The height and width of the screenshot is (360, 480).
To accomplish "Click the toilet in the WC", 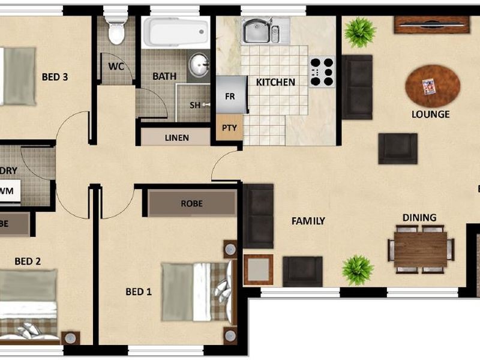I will [116, 30].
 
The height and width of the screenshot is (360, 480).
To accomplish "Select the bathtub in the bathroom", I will [176, 32].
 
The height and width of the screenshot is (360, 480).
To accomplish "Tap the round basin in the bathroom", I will [199, 63].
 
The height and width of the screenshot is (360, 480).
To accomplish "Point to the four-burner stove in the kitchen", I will [322, 71].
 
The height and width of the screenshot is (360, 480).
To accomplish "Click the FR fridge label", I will [229, 96].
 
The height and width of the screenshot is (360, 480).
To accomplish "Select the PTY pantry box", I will [229, 128].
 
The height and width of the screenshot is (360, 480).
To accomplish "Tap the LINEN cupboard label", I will [176, 137].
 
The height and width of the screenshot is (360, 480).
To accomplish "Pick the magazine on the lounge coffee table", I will [428, 87].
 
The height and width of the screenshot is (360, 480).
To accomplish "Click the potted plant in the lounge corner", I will [360, 32].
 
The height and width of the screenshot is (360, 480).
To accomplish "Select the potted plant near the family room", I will [358, 269].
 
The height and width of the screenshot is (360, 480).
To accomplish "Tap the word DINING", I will [419, 218].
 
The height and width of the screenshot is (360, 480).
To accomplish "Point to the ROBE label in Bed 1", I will [191, 203].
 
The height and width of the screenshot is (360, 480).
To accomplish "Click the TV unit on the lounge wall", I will [431, 24].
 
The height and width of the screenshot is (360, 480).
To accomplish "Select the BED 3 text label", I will [55, 77].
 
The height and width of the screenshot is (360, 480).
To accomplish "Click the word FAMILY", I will [308, 221].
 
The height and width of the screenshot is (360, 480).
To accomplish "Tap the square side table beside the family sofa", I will [259, 269].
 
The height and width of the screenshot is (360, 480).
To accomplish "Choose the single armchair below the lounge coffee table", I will [397, 148].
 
